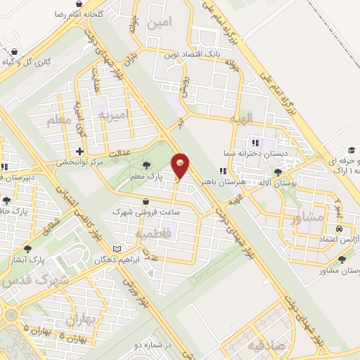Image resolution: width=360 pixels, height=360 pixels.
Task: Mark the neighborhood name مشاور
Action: coord(308,219)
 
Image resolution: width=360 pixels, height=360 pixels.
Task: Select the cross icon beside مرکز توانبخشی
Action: coord(80,150)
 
